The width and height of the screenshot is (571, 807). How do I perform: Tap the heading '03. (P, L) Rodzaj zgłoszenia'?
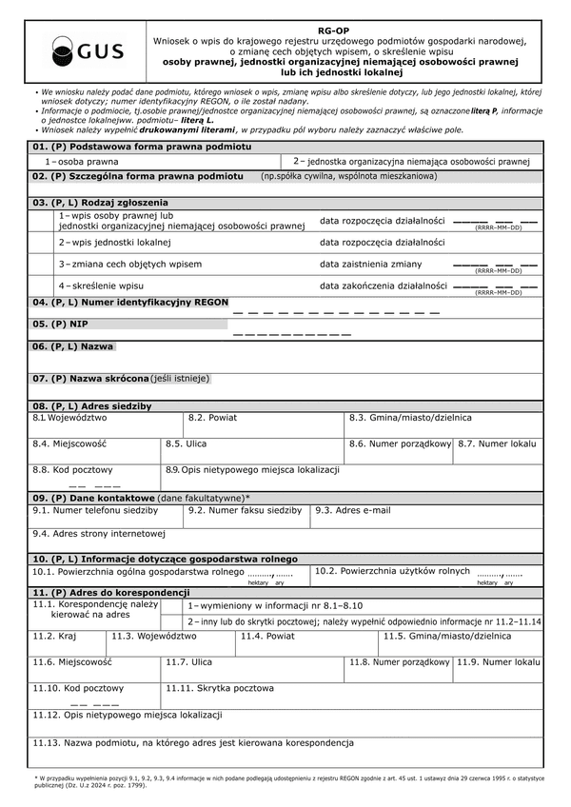[x=100, y=203]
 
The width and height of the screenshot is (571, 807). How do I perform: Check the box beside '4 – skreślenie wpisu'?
[x=42, y=285]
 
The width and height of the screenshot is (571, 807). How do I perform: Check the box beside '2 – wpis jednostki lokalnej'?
[x=42, y=243]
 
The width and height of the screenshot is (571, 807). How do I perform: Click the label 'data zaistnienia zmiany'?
[x=371, y=264]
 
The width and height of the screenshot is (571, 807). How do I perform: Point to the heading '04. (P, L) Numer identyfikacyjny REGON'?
[x=130, y=303]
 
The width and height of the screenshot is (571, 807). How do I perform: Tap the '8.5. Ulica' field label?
[x=186, y=443]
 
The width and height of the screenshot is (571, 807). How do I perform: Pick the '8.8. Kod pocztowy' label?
[x=72, y=469]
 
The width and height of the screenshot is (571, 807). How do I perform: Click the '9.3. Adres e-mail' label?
[x=352, y=510]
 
